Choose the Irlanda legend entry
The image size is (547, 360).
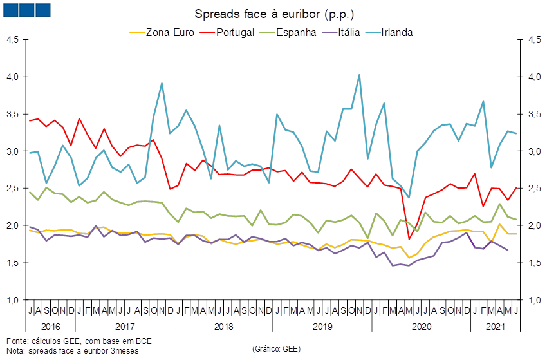click(396, 32)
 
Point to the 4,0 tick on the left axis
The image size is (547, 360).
click(14, 77)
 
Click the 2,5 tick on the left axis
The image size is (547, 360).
click(14, 188)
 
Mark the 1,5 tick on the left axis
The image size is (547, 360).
click(14, 263)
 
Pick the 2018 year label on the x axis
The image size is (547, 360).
click(223, 327)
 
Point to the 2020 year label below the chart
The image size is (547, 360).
click(422, 327)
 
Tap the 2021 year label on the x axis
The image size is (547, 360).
click(495, 327)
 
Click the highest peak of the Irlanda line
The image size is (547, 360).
click(359, 74)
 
